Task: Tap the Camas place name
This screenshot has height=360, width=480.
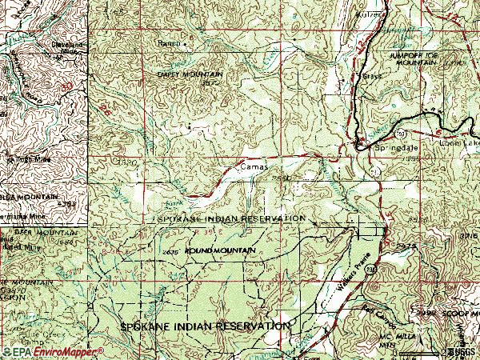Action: [251, 167]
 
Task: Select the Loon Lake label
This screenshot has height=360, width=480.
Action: [458, 143]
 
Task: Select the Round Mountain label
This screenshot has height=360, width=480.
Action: [221, 251]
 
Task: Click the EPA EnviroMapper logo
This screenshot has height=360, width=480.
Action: [52, 351]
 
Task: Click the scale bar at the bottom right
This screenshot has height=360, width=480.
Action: [420, 351]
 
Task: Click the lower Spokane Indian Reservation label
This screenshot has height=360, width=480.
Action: [204, 327]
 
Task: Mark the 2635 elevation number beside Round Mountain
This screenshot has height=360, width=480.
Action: [169, 252]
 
